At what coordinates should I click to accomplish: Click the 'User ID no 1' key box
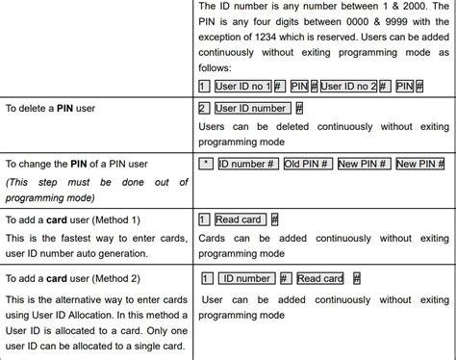pyautogui.click(x=242, y=86)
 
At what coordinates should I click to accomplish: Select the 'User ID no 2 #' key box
pyautogui.click(x=355, y=86)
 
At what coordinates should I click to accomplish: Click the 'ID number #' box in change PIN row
pyautogui.click(x=248, y=164)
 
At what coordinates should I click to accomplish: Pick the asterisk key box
pyautogui.click(x=204, y=164)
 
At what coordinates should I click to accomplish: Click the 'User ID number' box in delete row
pyautogui.click(x=250, y=109)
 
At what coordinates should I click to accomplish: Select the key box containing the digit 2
pyautogui.click(x=203, y=109)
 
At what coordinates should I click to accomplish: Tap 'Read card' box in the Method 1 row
pyautogui.click(x=240, y=220)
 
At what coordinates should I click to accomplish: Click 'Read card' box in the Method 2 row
pyautogui.click(x=320, y=278)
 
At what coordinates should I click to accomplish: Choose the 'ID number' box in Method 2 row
pyautogui.click(x=247, y=278)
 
